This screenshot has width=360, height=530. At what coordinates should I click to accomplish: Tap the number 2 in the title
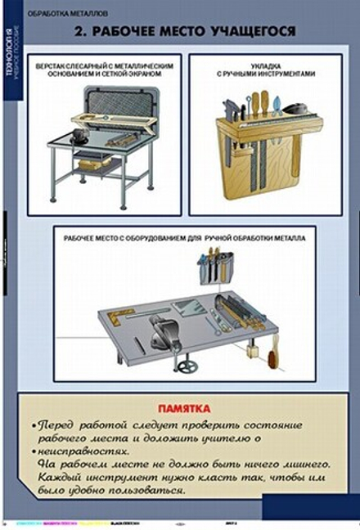coord(77,33)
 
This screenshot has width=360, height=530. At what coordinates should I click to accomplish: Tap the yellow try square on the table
coord(121,314)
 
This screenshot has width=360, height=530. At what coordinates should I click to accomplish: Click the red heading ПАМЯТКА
coord(185,408)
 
